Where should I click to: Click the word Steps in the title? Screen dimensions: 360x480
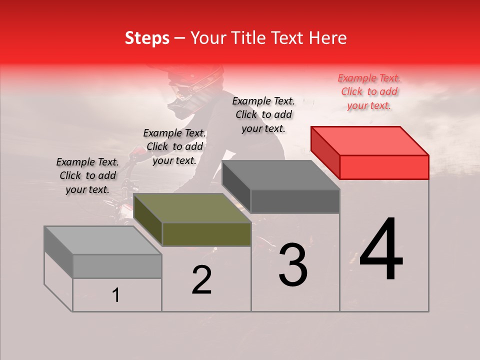click(147, 38)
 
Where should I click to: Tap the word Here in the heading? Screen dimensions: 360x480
click(327, 38)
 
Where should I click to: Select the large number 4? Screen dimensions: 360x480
click(381, 250)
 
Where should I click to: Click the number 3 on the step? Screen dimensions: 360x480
click(293, 265)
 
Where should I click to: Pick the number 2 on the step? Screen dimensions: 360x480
click(201, 280)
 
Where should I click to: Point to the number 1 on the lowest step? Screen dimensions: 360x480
click(116, 295)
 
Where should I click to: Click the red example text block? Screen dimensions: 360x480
click(369, 91)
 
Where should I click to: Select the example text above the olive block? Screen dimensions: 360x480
click(174, 146)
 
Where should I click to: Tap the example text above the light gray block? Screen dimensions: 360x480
click(87, 175)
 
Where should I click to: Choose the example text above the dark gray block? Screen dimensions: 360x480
click(263, 114)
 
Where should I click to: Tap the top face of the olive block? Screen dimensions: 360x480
click(192, 207)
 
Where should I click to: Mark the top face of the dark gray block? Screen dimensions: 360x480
click(281, 175)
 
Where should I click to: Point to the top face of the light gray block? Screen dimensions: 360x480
click(102, 240)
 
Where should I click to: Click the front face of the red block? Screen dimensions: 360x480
click(384, 167)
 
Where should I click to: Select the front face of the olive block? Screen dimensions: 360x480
click(206, 234)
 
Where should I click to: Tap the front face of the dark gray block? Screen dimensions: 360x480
click(295, 201)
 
